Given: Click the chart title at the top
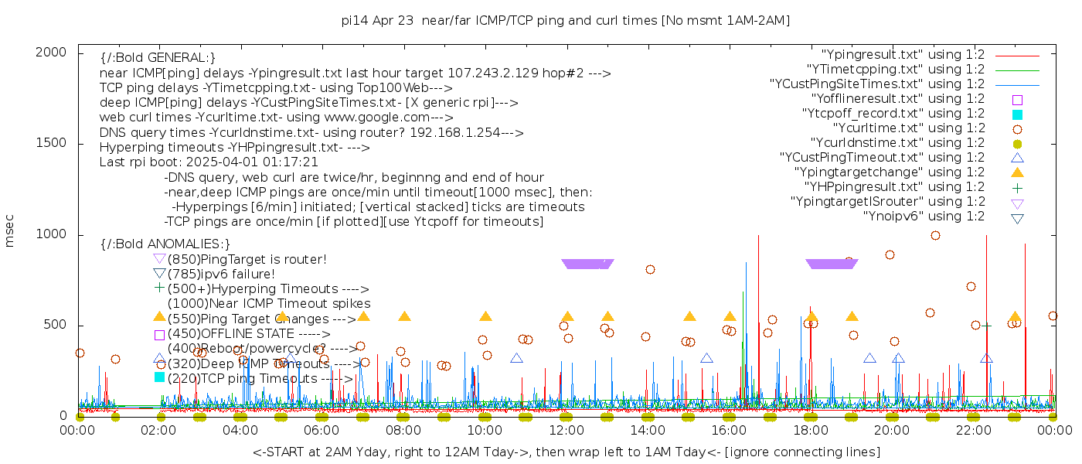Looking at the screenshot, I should (x=566, y=21).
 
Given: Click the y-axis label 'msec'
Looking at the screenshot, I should (x=10, y=230).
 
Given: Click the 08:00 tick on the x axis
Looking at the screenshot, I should (x=403, y=431).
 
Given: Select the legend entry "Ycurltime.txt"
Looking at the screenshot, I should (x=908, y=128).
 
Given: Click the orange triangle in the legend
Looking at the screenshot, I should (x=1017, y=172).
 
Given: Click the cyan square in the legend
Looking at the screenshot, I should (x=1017, y=114).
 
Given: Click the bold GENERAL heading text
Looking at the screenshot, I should (x=158, y=58).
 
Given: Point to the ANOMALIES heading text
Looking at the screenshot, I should (x=165, y=244).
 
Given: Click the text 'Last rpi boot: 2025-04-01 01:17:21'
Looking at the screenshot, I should (x=209, y=162).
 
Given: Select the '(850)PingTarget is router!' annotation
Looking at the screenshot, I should (x=247, y=259).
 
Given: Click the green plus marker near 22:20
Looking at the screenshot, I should (x=986, y=326).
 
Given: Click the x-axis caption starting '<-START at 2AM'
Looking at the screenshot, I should (x=566, y=452).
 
